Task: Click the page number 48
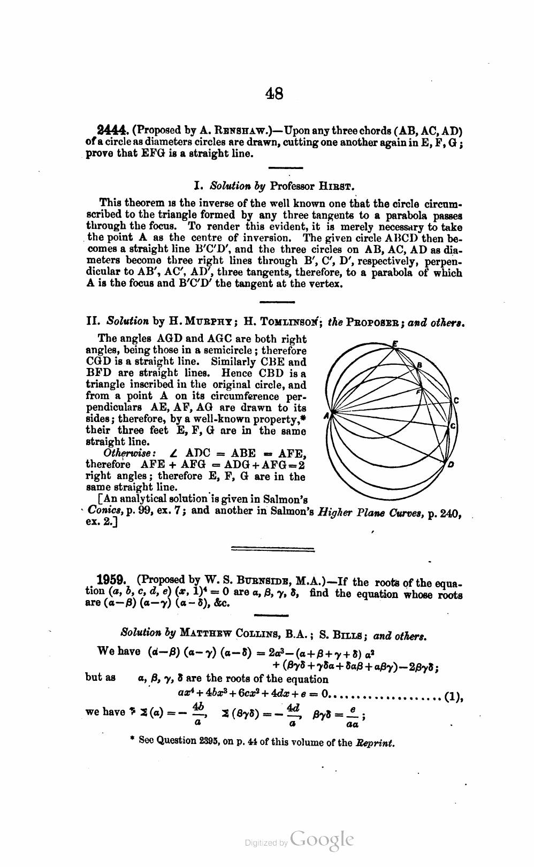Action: [274, 94]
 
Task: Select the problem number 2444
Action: [112, 131]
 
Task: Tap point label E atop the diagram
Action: [394, 343]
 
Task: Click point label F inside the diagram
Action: [419, 392]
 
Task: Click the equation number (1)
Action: [453, 696]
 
